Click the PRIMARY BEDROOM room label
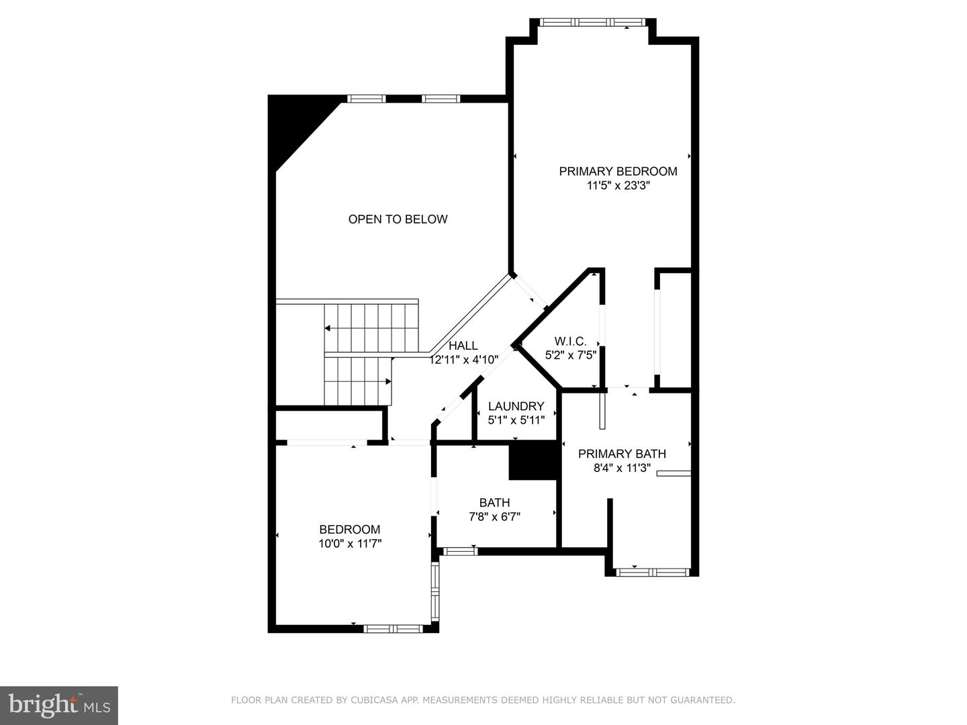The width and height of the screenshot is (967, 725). tap(618, 171)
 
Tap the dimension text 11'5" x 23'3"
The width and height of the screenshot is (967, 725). tap(618, 186)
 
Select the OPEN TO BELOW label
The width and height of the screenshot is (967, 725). tap(398, 219)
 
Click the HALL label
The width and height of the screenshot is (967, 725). tap(463, 346)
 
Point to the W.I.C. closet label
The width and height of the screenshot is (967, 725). tap(570, 341)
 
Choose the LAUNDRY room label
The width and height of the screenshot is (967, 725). tap(516, 406)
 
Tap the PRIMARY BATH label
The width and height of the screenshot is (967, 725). tap(622, 454)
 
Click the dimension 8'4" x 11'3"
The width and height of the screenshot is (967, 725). tap(622, 469)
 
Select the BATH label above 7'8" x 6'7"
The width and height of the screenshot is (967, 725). tap(494, 503)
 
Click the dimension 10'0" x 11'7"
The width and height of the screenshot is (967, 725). tap(350, 544)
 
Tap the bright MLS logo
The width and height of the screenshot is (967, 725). tap(59, 705)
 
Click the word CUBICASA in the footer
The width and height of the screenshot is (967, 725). tap(373, 700)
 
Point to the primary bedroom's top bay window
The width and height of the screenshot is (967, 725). tap(593, 22)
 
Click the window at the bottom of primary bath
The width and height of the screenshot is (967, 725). tap(653, 573)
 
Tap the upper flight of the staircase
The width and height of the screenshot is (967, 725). tap(371, 328)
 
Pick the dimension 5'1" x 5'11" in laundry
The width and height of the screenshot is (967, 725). tap(516, 421)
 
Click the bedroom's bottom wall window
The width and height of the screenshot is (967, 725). tap(393, 629)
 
